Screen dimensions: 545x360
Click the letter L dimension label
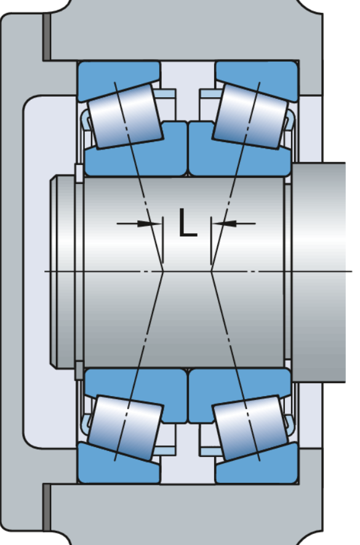coord(188,223)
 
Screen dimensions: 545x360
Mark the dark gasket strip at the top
coord(46,37)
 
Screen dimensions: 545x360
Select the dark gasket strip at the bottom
coord(46,507)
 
